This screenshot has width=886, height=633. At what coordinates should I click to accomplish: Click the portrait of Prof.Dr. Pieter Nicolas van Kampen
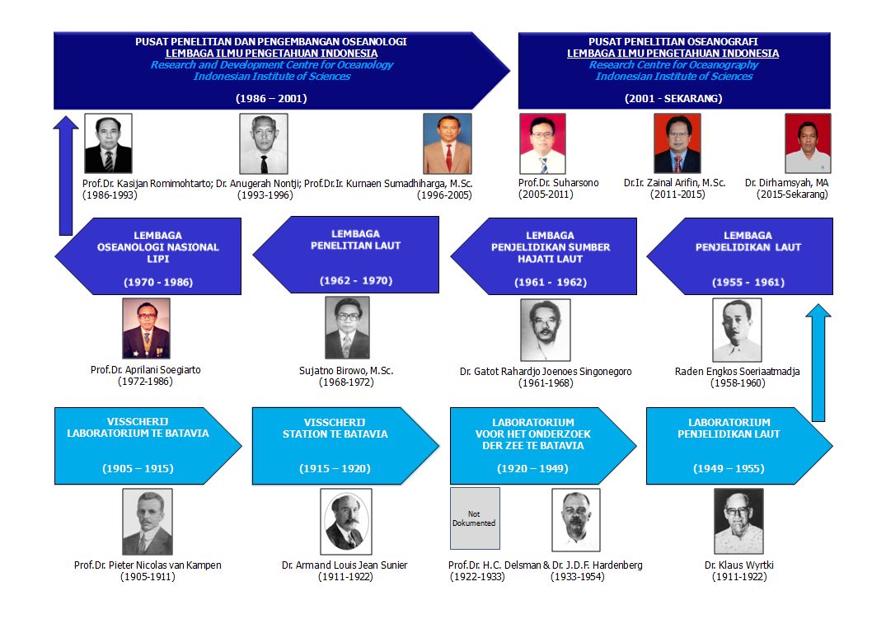pos(148,522)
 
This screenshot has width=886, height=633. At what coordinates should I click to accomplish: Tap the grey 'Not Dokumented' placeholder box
pos(475,518)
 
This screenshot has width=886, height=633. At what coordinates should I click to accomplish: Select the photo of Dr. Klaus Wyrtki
pos(738,521)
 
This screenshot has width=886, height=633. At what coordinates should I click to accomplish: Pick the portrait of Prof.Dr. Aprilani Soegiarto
pos(146,328)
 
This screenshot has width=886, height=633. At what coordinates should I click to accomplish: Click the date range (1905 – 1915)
pos(138,468)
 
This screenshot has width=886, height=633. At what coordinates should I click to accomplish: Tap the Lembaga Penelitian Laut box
pos(346,255)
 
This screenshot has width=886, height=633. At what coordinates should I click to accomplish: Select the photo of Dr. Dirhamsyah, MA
pos(807,143)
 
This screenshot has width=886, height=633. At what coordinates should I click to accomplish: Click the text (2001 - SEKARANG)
pos(673,98)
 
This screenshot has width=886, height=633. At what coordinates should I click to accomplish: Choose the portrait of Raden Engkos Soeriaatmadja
pos(736,330)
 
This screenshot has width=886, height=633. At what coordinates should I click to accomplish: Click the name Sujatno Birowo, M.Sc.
pos(347,371)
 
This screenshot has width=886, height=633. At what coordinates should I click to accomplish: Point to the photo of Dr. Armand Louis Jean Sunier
pos(345,522)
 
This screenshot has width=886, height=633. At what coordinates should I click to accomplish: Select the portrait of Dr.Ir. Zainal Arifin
pos(677,143)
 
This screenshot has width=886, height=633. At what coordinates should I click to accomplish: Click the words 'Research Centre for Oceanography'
pos(673,65)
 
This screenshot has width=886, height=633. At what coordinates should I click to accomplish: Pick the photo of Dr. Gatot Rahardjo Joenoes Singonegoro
pos(545,330)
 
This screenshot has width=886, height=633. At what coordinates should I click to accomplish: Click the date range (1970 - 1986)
pos(158,282)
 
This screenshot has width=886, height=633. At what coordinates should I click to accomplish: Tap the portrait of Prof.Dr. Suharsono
pos(542,143)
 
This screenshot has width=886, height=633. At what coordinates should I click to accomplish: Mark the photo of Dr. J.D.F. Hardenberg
pos(575,520)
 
